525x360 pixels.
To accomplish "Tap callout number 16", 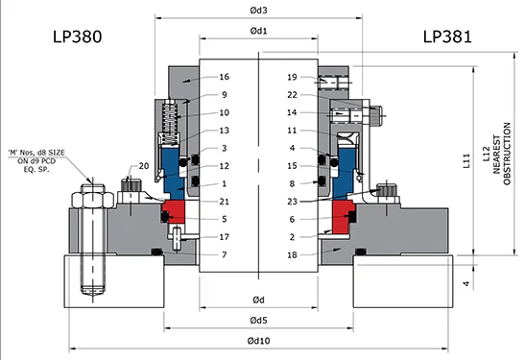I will (224, 77).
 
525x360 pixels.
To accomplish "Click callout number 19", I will (292, 77).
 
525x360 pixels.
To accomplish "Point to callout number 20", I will (144, 166).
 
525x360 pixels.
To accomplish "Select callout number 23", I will (292, 201).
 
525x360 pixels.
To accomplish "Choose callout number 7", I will (224, 254).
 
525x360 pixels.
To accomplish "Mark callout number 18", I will (292, 254).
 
